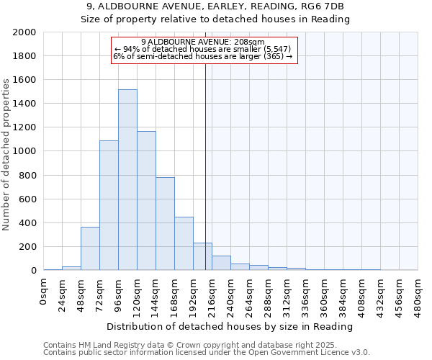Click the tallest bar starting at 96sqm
(127, 180)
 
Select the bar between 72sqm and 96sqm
(109, 205)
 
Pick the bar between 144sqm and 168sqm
(165, 224)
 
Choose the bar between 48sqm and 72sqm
(90, 248)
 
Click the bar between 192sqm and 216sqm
(202, 256)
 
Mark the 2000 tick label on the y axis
(24, 32)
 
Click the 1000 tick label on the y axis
(24, 151)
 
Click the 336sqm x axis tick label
(306, 292)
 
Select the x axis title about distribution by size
(230, 326)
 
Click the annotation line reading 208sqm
(204, 42)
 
